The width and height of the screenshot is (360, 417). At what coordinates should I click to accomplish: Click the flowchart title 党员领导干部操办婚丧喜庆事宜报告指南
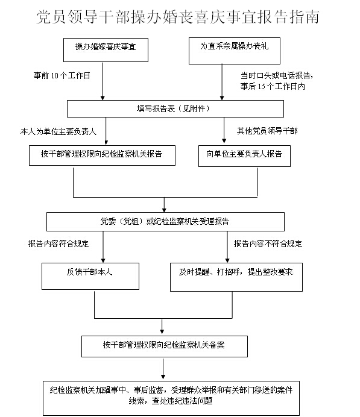click(x=178, y=17)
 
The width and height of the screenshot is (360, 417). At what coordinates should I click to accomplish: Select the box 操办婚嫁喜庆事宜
click(x=106, y=50)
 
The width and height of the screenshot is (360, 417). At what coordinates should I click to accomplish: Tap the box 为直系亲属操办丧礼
click(x=235, y=51)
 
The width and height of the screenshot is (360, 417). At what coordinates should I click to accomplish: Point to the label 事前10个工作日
click(x=62, y=75)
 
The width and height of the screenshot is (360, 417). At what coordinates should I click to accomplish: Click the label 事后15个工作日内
click(x=273, y=86)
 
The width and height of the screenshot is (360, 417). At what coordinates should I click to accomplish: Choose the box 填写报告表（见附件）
click(x=175, y=108)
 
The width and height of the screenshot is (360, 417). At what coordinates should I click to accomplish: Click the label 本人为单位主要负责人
click(x=58, y=131)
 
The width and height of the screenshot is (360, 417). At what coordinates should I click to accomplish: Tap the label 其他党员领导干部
click(x=267, y=131)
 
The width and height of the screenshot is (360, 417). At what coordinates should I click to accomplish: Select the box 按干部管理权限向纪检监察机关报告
click(x=102, y=155)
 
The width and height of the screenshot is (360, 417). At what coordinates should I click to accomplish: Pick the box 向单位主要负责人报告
click(x=245, y=156)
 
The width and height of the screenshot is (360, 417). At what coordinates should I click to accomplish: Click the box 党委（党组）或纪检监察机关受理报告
click(x=165, y=222)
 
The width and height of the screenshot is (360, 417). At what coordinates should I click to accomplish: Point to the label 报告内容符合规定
click(x=58, y=243)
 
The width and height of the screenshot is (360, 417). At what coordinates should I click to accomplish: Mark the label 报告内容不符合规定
click(x=268, y=243)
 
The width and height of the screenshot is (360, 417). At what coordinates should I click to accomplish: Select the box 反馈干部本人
click(x=90, y=277)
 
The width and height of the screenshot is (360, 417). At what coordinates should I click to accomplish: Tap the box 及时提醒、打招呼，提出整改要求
click(x=236, y=277)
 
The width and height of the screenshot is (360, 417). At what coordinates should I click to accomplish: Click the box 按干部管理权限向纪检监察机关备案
click(x=165, y=346)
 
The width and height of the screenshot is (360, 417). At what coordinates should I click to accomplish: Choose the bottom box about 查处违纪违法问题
click(x=171, y=398)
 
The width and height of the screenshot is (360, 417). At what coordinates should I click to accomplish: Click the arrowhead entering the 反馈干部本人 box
click(x=103, y=260)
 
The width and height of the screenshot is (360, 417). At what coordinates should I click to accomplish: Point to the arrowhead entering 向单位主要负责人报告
click(x=224, y=140)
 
